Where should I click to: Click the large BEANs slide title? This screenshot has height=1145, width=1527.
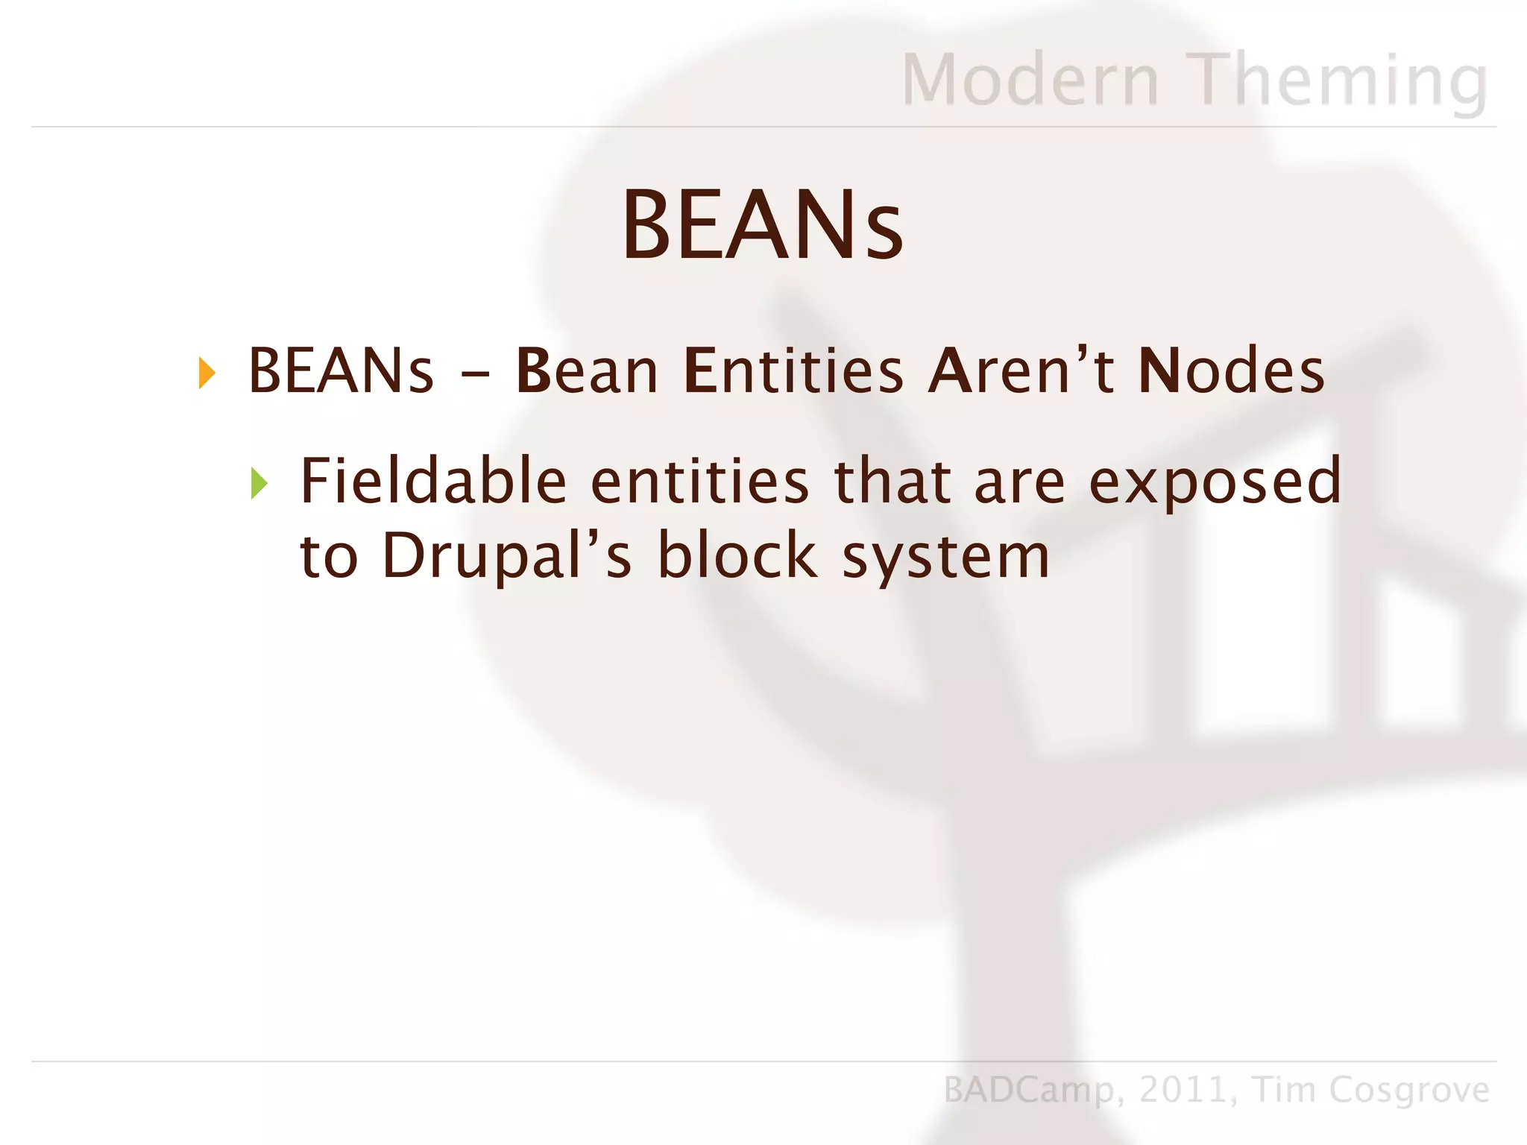coord(762,225)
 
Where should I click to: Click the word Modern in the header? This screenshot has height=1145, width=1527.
coord(1030,80)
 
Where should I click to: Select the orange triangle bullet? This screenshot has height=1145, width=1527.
coord(207,373)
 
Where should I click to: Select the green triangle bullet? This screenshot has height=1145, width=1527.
coord(259,484)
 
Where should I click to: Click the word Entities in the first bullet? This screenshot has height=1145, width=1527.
coord(793,370)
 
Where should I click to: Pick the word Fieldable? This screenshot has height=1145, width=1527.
coord(433,481)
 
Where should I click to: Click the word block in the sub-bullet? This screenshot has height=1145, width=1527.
coord(737,555)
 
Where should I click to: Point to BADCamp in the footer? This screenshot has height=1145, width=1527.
coord(1029,1091)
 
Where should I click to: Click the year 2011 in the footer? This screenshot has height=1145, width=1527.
coord(1183,1090)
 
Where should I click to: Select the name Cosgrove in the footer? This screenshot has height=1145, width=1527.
coord(1409,1091)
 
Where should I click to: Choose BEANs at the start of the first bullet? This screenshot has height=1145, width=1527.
coord(340,370)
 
